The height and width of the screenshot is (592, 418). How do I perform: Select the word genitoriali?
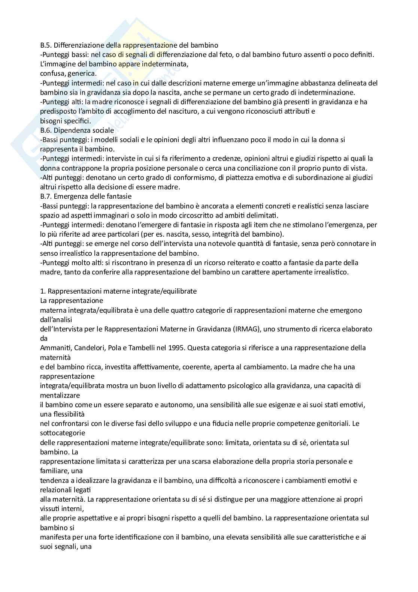tap(333, 423)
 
